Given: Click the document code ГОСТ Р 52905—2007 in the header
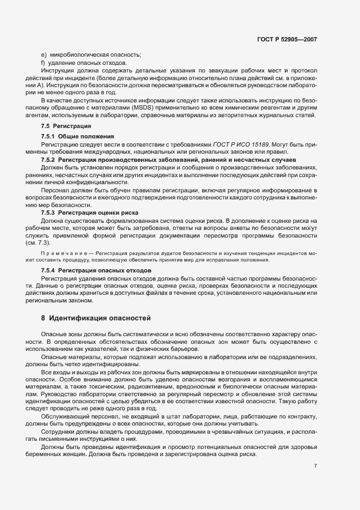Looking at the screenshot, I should pos(287,39).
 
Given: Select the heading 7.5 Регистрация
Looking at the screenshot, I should pos(60,126).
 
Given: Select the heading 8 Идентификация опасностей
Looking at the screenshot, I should pos(95,317).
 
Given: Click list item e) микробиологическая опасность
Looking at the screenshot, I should pos(91,54).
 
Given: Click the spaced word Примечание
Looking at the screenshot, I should pos(62,253).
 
